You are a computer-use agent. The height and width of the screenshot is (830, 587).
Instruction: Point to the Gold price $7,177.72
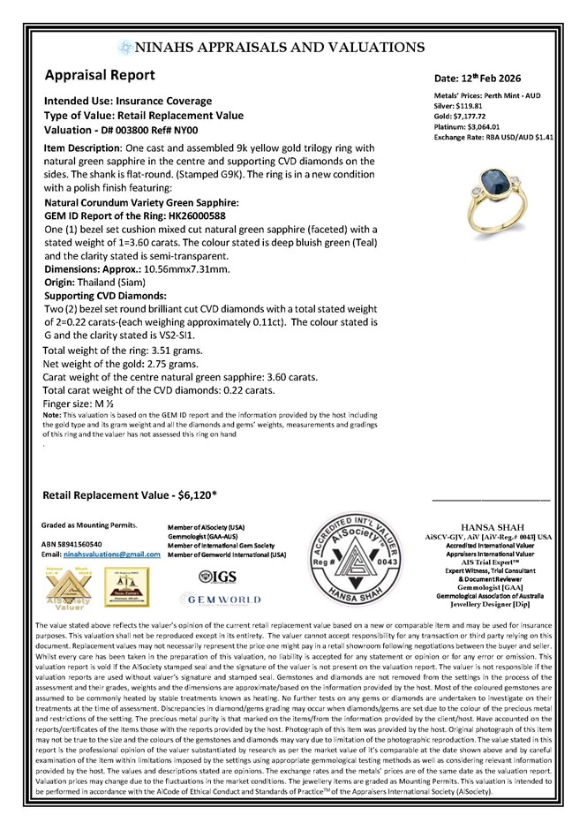click(471, 117)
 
